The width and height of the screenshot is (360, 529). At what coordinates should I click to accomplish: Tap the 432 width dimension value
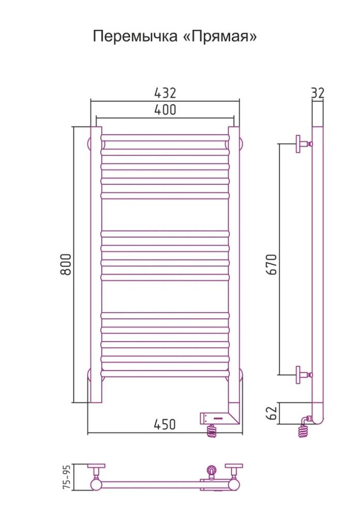(x=165, y=93)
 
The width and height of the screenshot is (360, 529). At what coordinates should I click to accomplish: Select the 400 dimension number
(x=165, y=110)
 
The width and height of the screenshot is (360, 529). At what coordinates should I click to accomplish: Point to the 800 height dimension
(x=67, y=264)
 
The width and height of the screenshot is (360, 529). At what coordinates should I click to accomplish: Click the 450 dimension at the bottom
(x=165, y=425)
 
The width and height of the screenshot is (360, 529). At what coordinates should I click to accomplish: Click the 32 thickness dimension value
(x=317, y=93)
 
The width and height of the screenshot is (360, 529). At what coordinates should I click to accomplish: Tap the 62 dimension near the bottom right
(x=272, y=413)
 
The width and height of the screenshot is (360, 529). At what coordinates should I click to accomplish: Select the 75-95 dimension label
(x=67, y=477)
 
